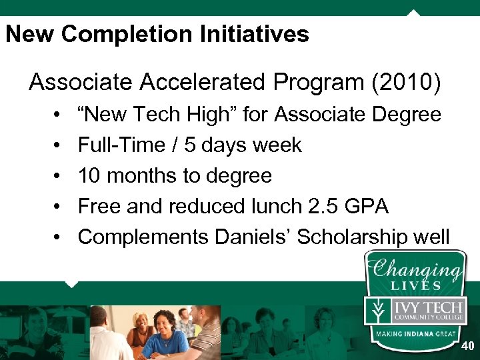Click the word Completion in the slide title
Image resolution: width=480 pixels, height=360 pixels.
[x=104, y=35]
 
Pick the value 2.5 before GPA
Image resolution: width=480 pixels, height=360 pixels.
[x=323, y=207]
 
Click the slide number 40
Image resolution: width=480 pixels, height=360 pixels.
[x=468, y=347]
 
